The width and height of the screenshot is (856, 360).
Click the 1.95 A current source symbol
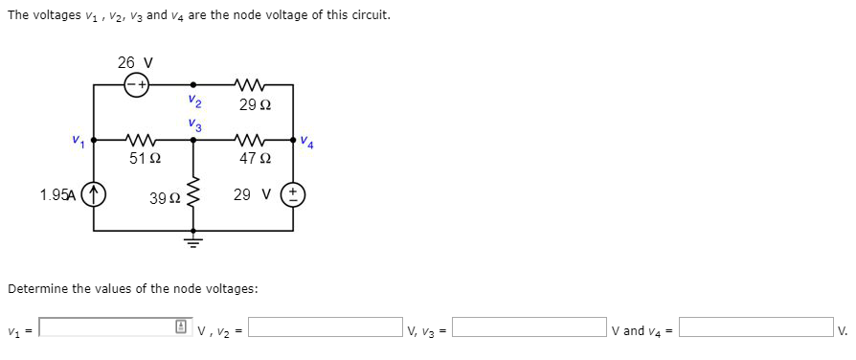(x=94, y=195)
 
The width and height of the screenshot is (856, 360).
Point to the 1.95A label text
(x=58, y=195)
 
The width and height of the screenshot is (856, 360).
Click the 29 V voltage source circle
(x=293, y=195)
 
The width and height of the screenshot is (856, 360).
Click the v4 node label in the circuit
(x=306, y=144)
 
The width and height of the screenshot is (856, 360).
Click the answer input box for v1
(x=106, y=328)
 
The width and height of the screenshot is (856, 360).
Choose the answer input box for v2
(x=326, y=328)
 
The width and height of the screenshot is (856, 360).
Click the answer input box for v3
(x=529, y=328)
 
